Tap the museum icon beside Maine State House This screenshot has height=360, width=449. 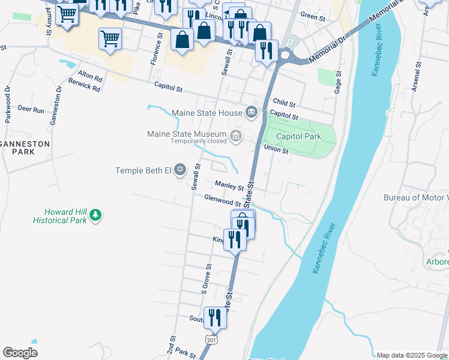[x=251, y=112]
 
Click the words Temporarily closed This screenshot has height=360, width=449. [x=198, y=142]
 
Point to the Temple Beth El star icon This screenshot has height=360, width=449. [x=179, y=171]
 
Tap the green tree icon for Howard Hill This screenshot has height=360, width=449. [x=95, y=215]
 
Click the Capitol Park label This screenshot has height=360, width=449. [x=298, y=136]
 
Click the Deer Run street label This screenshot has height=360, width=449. [x=31, y=110]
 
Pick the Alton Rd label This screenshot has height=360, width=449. [x=90, y=77]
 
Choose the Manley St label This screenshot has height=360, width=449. [x=229, y=187]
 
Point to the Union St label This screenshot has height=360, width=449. [x=276, y=150]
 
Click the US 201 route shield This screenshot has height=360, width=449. [x=211, y=340]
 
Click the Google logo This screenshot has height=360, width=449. [x=20, y=353]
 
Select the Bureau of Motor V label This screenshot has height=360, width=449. [x=416, y=197]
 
